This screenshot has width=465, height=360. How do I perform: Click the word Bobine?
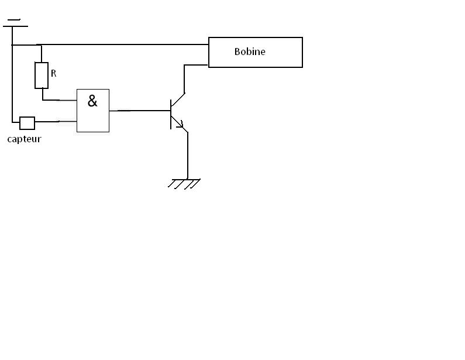[250, 52]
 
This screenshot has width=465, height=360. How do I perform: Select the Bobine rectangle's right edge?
[302, 53]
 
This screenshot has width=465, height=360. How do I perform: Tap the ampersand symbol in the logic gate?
[92, 101]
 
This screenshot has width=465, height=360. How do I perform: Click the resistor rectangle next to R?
[41, 75]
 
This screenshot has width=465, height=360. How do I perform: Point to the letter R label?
[54, 74]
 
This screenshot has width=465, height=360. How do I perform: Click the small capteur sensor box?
[27, 123]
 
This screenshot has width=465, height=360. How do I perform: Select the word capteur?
[24, 139]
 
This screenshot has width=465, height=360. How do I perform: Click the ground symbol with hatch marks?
[185, 183]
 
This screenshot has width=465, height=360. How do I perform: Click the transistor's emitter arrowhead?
[180, 125]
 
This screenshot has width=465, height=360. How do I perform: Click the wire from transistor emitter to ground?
[187, 155]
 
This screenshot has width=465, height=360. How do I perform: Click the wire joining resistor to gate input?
[58, 100]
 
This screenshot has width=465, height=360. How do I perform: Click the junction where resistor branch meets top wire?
[39, 44]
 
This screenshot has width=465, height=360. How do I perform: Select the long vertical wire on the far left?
[12, 82]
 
